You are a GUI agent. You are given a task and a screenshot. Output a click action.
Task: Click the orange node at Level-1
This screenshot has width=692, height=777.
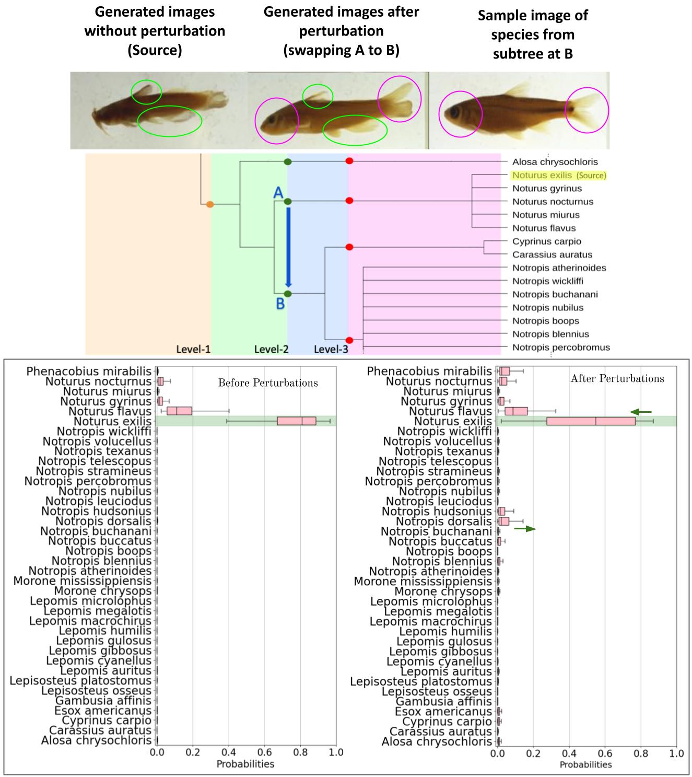[210, 204]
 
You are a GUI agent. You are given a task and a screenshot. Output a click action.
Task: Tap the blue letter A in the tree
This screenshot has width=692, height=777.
[278, 192]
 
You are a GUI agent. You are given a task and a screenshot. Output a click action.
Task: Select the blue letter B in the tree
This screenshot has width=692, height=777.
[280, 304]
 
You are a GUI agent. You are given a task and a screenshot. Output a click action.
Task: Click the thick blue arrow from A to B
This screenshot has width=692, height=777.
[288, 247]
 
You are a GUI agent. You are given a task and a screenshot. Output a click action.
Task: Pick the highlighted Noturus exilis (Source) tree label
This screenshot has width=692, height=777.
[559, 175]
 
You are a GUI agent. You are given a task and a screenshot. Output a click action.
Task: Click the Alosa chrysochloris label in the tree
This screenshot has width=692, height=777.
[555, 162]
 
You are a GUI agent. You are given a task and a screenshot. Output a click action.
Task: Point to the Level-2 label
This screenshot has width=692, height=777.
[271, 349]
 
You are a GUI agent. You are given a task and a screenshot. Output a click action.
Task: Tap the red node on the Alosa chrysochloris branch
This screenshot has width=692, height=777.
[349, 161]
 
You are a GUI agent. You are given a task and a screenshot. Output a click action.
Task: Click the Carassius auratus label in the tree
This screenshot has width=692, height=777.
[552, 254]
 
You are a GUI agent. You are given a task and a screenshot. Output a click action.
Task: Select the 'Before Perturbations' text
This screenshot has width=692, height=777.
[268, 382]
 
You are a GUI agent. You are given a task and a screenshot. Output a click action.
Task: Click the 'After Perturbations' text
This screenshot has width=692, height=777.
[617, 378]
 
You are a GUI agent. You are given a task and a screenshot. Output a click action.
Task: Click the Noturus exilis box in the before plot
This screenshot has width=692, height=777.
[296, 421]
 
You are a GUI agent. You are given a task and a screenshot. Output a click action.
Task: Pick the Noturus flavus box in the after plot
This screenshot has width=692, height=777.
[516, 411]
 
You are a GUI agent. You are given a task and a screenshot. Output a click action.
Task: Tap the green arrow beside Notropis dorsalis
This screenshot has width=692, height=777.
[525, 529]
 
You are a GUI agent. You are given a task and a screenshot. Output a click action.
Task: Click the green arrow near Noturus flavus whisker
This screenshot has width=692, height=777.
[641, 412]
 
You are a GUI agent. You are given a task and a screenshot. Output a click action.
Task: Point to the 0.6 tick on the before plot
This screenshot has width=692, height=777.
[265, 752]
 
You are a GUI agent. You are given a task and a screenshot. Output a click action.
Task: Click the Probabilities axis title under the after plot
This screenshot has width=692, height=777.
[585, 764]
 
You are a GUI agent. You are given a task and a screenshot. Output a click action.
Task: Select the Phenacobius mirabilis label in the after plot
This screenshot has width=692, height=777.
[429, 371]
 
